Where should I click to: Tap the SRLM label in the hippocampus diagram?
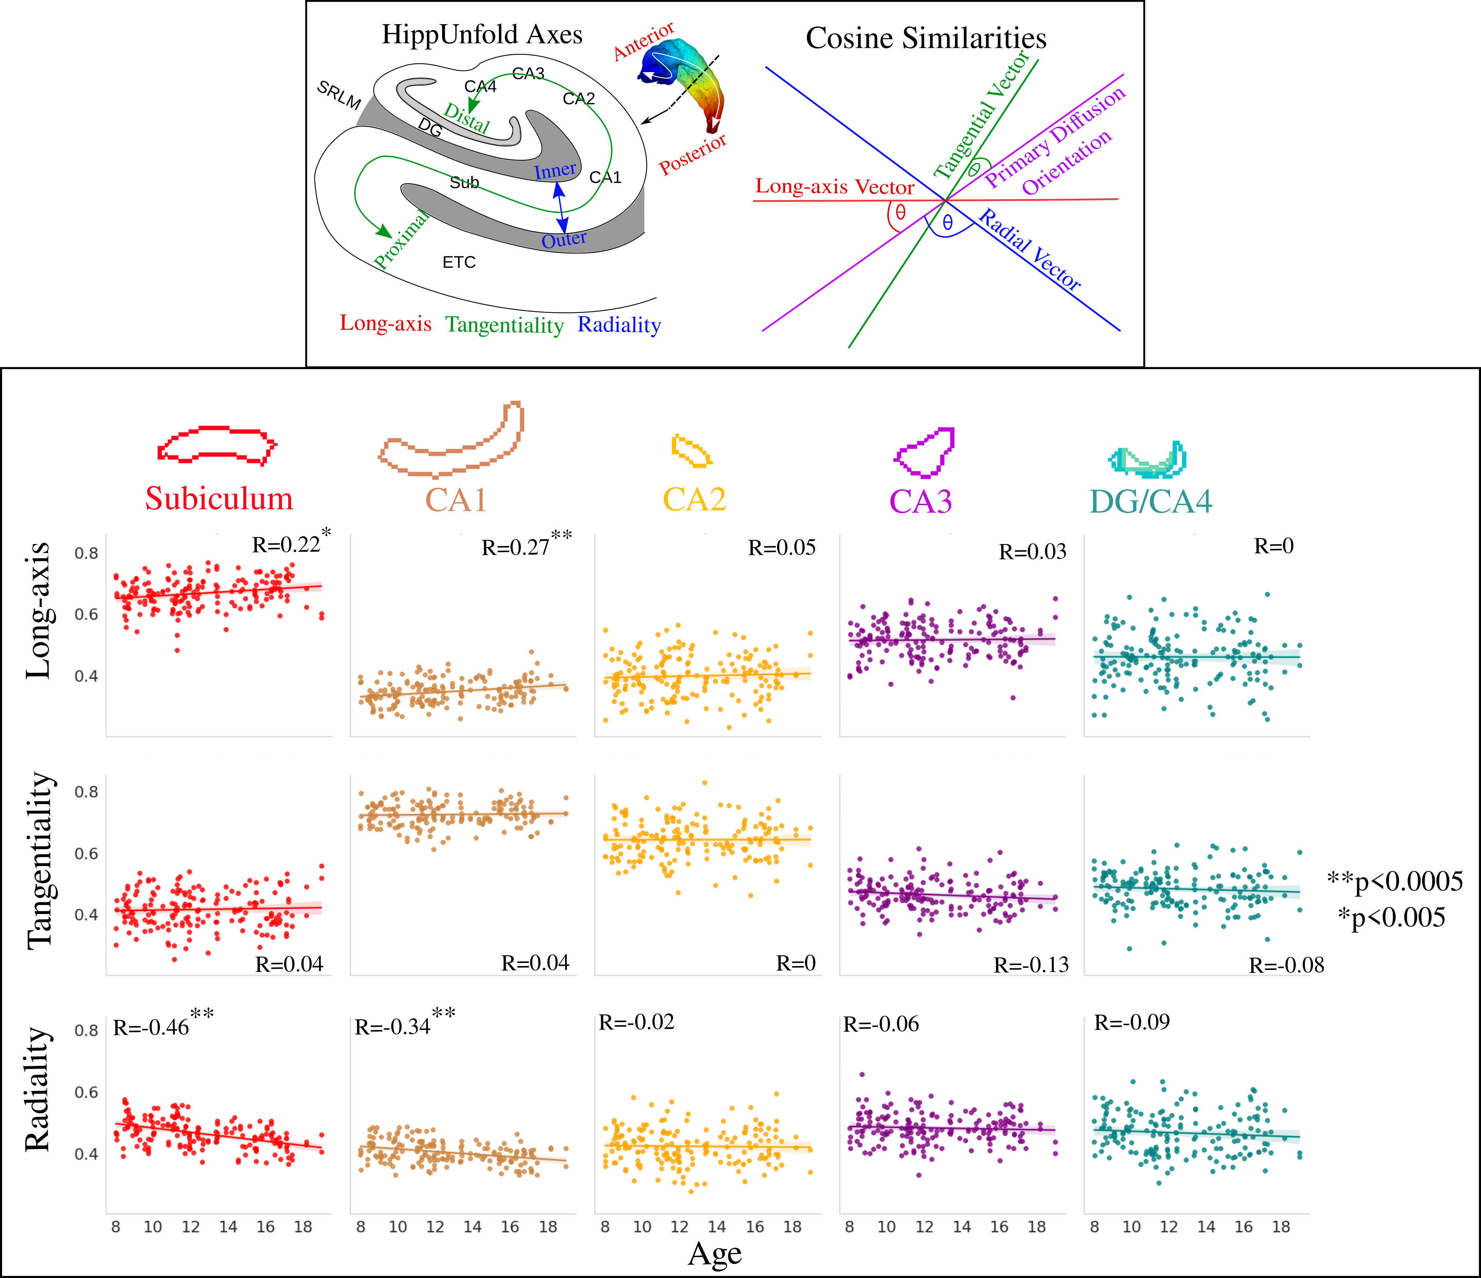point(339,94)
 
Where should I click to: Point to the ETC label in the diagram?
point(459,262)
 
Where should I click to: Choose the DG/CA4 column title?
point(1151,501)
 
